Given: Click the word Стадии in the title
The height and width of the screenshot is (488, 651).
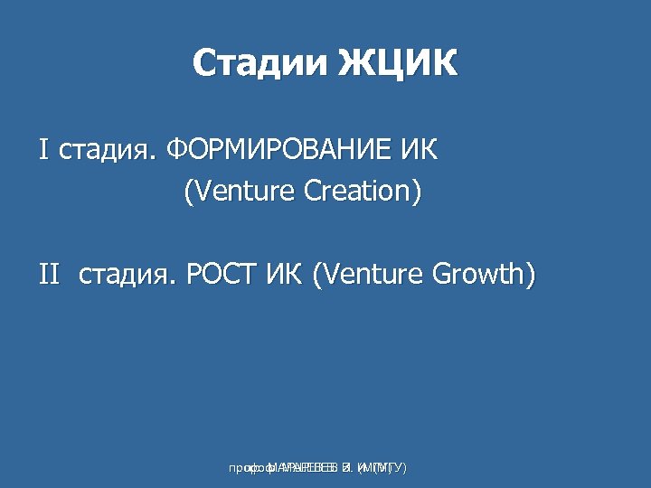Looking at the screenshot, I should (259, 64).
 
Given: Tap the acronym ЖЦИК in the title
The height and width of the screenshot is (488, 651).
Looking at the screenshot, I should (397, 64).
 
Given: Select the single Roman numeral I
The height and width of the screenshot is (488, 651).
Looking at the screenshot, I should (42, 149).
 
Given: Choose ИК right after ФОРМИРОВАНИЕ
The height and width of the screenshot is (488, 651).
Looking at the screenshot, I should (420, 149).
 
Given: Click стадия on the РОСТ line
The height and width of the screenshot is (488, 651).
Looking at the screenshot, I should (127, 274).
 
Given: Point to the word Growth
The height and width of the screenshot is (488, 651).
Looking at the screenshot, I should (476, 273).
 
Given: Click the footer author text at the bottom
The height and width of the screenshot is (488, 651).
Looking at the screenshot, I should (317, 468).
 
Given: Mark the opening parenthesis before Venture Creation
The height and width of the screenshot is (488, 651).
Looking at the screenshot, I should (188, 192).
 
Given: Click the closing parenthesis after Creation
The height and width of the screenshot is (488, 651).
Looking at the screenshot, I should (417, 192).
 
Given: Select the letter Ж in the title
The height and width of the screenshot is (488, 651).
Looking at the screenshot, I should (356, 64).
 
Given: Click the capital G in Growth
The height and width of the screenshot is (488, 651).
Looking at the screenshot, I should (439, 273).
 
